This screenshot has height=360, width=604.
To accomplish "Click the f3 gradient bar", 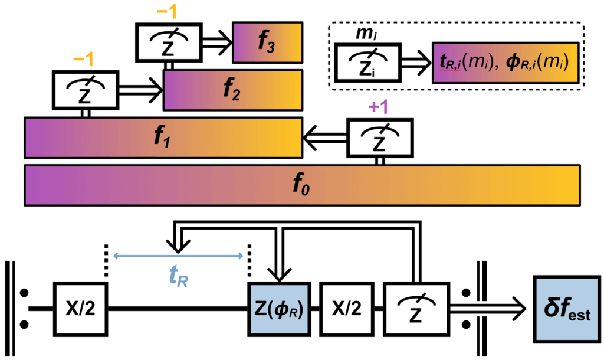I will point(268,42).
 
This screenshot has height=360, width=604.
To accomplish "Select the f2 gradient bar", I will point(233,90).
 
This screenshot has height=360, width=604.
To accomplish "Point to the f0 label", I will point(301,186).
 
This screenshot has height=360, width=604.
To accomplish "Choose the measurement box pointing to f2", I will point(84,90).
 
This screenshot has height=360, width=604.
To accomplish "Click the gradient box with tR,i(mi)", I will point(504,62).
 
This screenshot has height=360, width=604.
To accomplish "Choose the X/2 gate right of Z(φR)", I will point(346,309).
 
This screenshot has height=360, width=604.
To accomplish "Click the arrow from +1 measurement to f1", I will point(324,138).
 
